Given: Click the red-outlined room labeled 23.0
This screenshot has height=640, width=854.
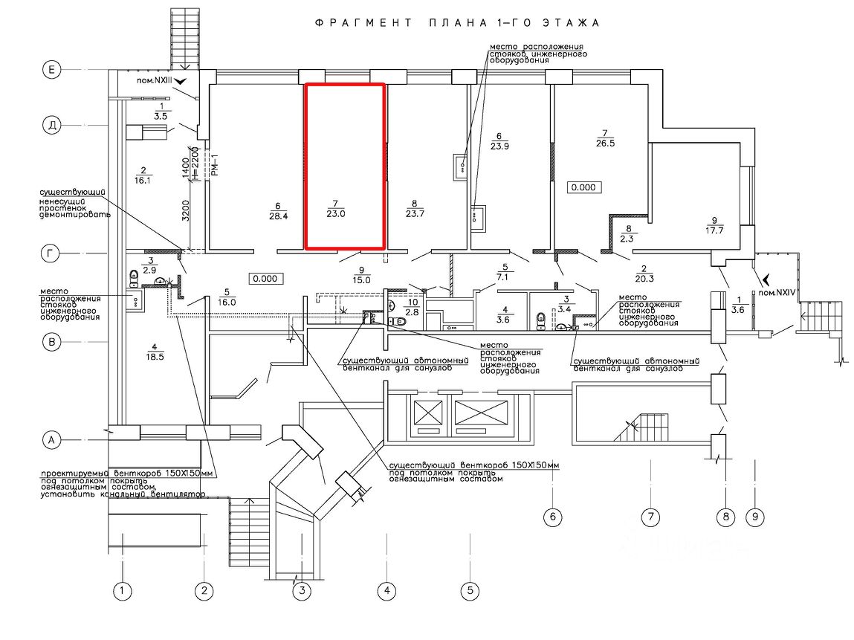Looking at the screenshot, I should coord(345,165).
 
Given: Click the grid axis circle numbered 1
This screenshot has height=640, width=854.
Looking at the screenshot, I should coord(122,592).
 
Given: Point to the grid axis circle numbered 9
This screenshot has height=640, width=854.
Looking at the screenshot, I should coord(754,516).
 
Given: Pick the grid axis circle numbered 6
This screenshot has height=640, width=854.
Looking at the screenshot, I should coord(551,516).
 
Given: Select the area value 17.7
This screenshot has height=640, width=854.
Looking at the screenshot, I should coord(716,230).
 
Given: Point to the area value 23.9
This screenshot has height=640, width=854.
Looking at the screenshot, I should coord(499,146).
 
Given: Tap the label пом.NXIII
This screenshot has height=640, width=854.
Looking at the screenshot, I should coord(152,79).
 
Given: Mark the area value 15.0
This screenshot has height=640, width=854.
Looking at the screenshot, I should coord(362,279).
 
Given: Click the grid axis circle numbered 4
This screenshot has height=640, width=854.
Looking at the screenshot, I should coord(386,592).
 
